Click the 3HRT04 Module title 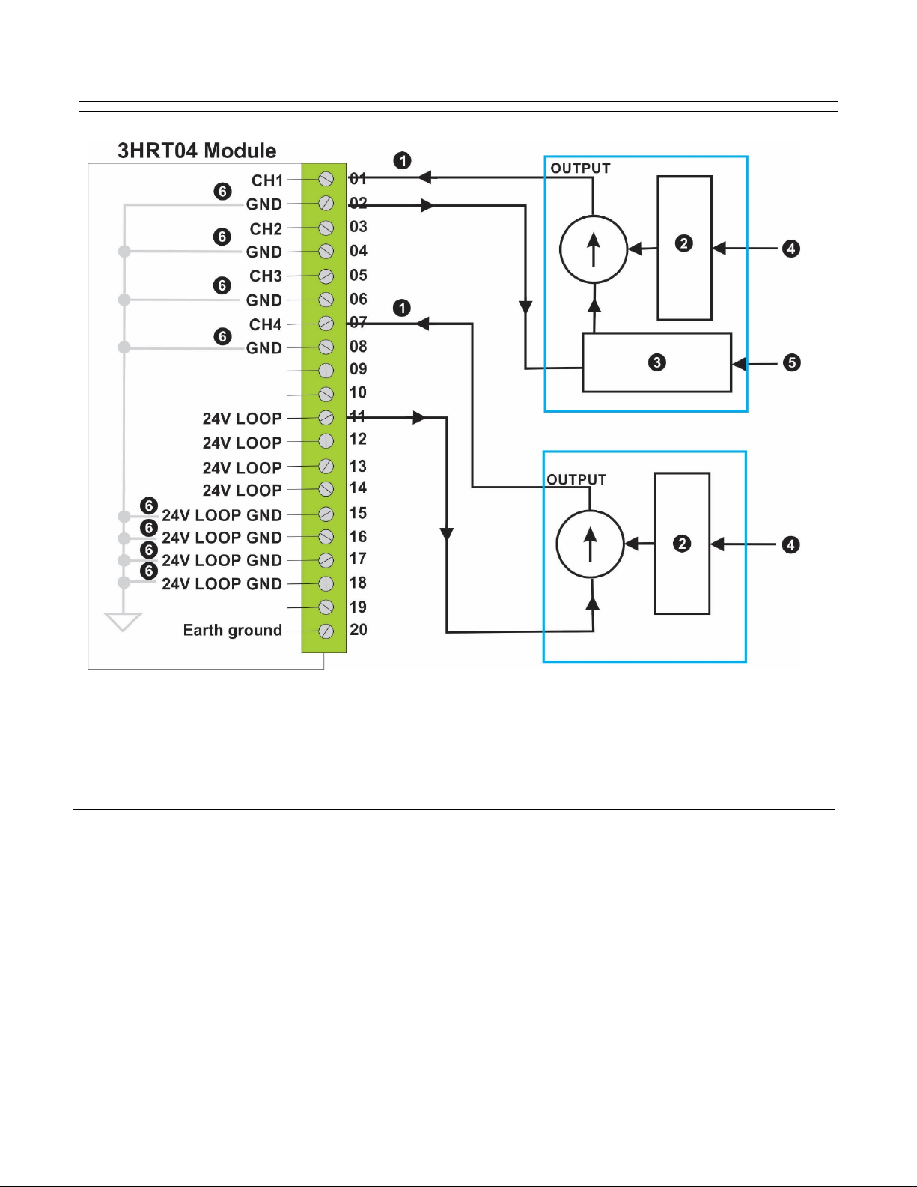coord(197,151)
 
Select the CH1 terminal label coord(267,180)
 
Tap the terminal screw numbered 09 coord(326,371)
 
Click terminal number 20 coord(358,630)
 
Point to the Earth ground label coord(233,631)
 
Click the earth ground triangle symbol coord(123,622)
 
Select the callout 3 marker coord(656,362)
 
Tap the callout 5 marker coord(791,362)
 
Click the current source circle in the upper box coord(594,249)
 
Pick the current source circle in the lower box coord(590,544)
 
